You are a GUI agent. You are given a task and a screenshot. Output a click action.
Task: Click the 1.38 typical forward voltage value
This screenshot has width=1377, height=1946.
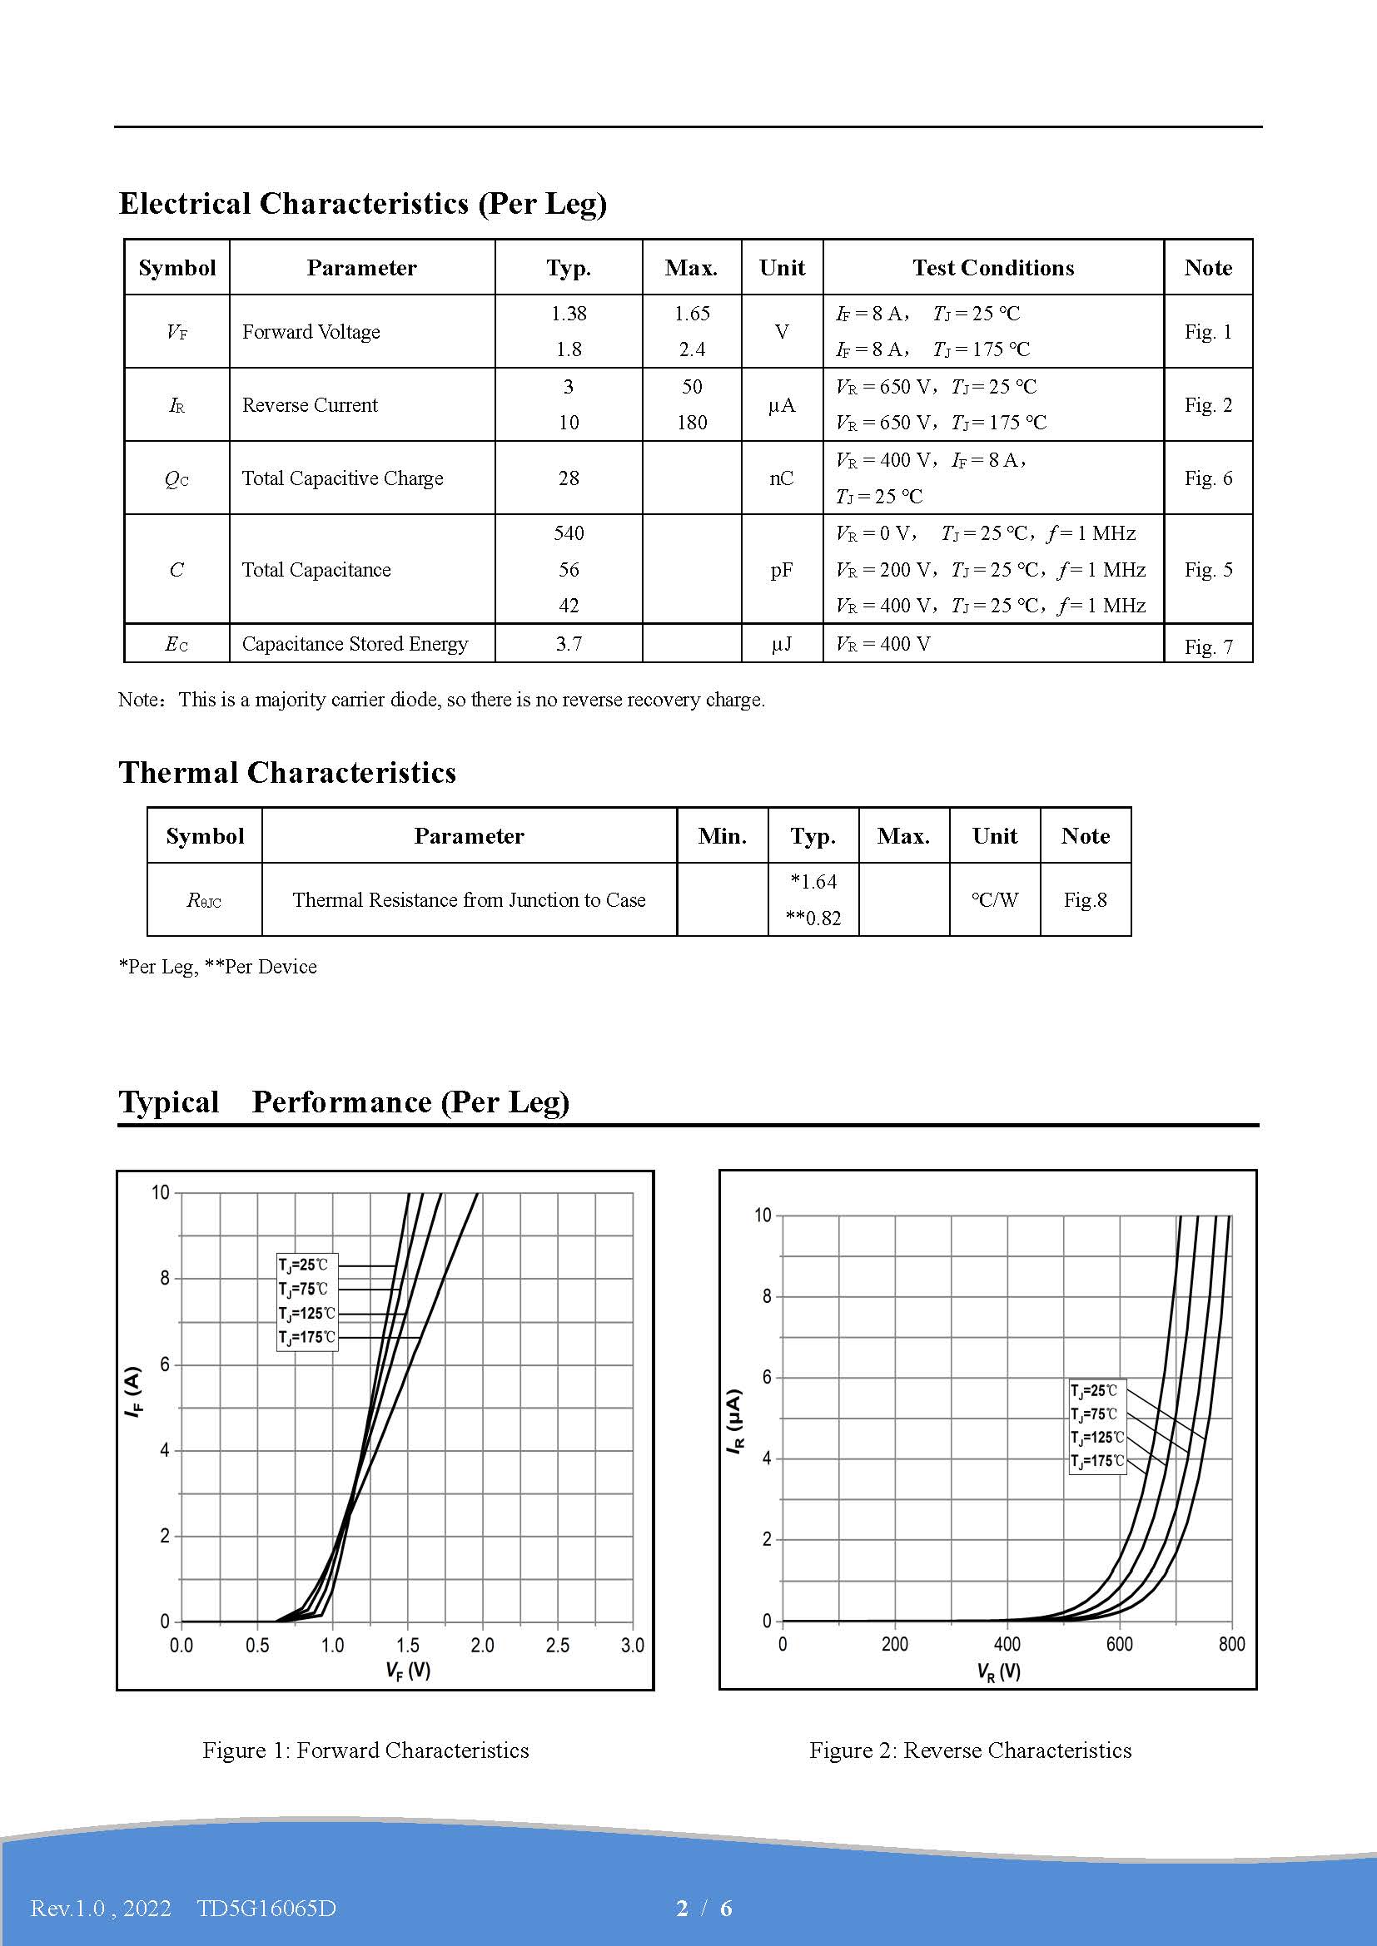click(x=568, y=314)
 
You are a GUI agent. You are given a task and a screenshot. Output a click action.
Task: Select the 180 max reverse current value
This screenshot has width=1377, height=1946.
click(x=692, y=422)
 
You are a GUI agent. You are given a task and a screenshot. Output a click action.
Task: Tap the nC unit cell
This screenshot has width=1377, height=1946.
click(x=781, y=478)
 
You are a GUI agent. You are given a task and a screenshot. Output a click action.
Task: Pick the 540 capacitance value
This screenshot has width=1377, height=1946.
click(x=568, y=533)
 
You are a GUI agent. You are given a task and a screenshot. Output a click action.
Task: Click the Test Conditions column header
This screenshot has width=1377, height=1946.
click(x=993, y=268)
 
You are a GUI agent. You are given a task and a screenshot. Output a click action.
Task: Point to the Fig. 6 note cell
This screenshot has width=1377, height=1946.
click(x=1207, y=478)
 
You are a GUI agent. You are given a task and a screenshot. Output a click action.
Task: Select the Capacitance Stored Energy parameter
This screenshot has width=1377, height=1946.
click(x=355, y=644)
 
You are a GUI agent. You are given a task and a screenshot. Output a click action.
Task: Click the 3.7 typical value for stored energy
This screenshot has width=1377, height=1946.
click(x=568, y=644)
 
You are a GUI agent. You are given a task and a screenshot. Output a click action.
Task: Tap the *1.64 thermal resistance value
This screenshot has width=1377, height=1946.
click(x=813, y=882)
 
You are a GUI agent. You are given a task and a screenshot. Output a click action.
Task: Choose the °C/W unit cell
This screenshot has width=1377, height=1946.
click(x=995, y=900)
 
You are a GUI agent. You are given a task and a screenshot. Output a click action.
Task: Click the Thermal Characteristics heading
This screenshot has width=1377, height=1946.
click(x=287, y=772)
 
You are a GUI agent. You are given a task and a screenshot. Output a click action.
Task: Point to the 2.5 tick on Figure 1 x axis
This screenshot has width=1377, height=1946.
click(x=557, y=1645)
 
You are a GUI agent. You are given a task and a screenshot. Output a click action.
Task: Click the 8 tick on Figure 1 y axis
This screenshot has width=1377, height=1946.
click(x=166, y=1278)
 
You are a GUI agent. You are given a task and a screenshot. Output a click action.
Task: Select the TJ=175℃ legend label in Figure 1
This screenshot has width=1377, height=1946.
click(x=307, y=1338)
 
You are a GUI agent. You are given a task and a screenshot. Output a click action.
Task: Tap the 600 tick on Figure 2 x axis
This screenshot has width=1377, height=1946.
click(x=1118, y=1644)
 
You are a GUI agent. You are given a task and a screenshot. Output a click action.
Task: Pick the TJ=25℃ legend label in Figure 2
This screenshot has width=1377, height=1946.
click(x=1094, y=1391)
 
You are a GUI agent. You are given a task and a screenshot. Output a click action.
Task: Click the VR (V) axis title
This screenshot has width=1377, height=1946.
click(x=999, y=1671)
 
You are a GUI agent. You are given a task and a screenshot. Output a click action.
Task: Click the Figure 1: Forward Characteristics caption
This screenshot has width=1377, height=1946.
click(x=365, y=1750)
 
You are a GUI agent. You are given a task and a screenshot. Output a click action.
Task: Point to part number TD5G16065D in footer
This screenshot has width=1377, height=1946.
click(x=266, y=1908)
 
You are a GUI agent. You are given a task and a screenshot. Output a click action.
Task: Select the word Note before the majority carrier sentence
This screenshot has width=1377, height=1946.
click(x=139, y=700)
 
